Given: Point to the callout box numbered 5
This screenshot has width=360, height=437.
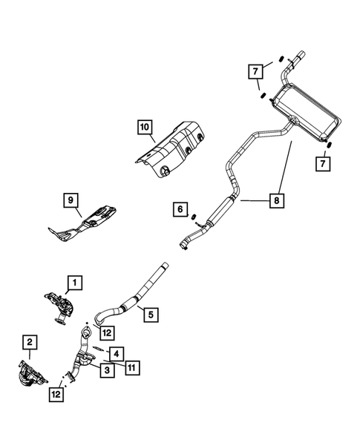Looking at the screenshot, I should click(x=150, y=315).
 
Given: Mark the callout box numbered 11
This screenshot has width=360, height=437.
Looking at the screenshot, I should click(x=132, y=367).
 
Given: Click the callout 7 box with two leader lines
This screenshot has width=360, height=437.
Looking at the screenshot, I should click(x=254, y=71).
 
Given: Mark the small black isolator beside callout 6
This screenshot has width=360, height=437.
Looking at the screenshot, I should click(x=192, y=217).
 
